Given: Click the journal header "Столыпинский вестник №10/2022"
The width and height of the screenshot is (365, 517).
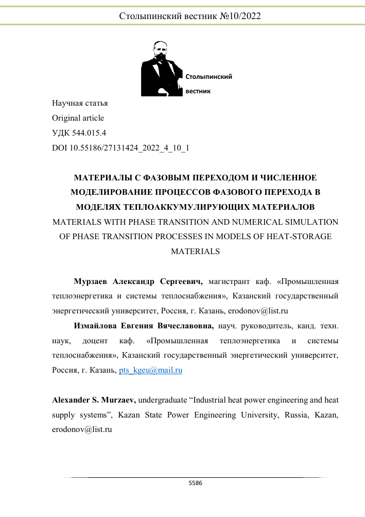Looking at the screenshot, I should (190, 16).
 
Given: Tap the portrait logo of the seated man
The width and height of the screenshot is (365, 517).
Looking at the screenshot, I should (162, 69).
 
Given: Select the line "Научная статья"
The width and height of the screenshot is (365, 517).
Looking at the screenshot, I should (80, 103).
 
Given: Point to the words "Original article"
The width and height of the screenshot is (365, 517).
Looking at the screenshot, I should (78, 118).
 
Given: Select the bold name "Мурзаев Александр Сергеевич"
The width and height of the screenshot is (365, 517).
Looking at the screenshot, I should (138, 282).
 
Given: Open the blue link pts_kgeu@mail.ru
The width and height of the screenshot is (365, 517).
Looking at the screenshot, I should (150, 371).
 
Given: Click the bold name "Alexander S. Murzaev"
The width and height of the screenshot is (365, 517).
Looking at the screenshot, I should (94, 400).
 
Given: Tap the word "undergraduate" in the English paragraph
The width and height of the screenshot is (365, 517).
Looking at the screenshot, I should (164, 400).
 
